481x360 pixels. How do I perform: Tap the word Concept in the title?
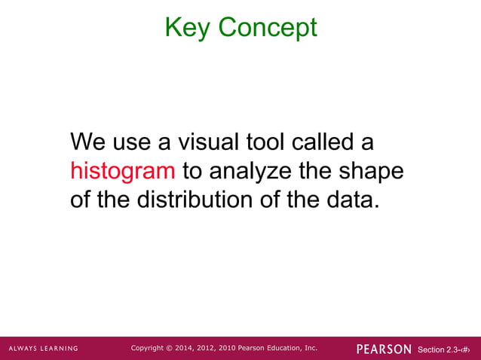[268, 28]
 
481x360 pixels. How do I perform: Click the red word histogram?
[122, 171]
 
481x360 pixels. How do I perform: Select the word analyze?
[246, 171]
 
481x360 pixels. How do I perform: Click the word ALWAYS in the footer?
[25, 349]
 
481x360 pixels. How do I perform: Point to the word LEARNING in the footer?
[61, 349]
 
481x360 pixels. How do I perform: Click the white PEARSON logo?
[384, 349]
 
